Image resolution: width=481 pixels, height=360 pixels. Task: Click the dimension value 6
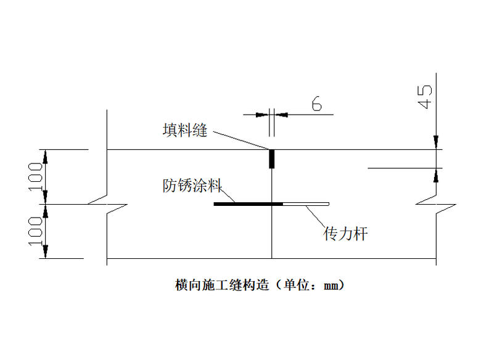tap(316, 104)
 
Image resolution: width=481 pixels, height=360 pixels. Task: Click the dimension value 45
tap(425, 96)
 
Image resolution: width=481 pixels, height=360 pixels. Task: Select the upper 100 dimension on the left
tap(36, 176)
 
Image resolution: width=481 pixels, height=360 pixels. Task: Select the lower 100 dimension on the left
tap(36, 231)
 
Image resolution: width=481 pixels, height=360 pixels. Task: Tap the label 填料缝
tap(185, 131)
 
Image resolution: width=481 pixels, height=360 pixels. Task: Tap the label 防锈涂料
tap(192, 185)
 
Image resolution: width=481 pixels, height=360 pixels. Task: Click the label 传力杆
tap(345, 234)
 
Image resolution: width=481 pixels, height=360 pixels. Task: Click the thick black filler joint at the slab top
tap(271, 159)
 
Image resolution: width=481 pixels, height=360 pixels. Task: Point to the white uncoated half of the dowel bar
tap(306, 203)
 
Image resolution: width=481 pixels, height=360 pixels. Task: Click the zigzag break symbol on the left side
tap(107, 204)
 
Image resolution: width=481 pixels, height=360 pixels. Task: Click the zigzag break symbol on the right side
tap(436, 204)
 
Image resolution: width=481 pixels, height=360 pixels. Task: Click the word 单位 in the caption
tap(294, 285)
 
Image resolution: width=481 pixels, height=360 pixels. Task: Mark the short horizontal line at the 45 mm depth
tap(401, 167)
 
